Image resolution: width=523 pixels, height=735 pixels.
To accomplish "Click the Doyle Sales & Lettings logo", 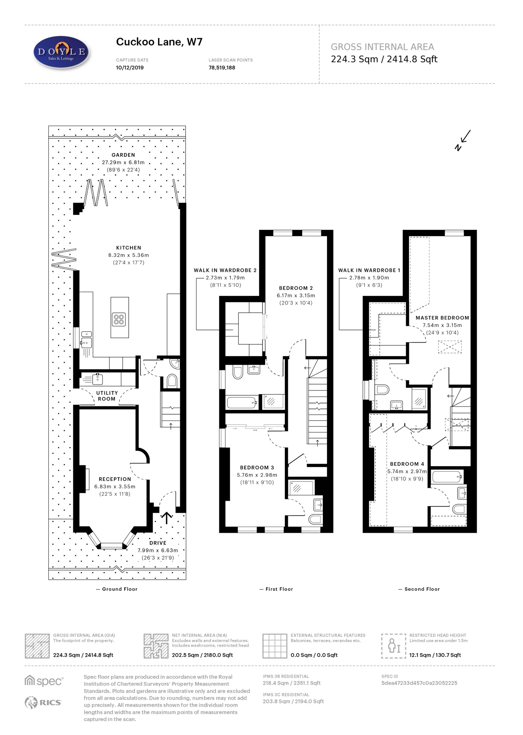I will click(x=61, y=52).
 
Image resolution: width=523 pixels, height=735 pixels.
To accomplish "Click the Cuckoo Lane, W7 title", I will click(x=159, y=42).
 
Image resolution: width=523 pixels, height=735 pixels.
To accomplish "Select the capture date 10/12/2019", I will click(x=130, y=68).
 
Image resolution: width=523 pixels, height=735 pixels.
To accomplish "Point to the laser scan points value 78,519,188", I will click(x=222, y=68).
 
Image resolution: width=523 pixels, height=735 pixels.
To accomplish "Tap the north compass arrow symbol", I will click(x=463, y=140).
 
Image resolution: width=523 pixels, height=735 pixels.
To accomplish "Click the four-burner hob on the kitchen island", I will click(x=119, y=319).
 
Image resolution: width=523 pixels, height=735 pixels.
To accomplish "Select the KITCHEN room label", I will click(x=129, y=248).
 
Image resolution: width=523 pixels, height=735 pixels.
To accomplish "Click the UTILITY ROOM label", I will click(x=107, y=396).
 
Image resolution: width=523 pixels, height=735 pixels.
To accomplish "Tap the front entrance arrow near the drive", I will click(x=167, y=517).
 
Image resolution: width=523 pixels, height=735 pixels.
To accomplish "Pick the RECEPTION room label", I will click(x=115, y=479).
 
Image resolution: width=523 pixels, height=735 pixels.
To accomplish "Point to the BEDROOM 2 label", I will click(x=296, y=288).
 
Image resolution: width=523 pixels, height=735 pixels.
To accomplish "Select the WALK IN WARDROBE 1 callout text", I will click(x=369, y=270).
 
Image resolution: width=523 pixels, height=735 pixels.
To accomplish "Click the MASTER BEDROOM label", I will click(x=442, y=318).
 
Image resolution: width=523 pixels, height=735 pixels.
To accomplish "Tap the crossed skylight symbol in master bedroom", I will click(x=450, y=347).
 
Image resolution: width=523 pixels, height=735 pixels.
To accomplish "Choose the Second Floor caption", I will click(x=421, y=589).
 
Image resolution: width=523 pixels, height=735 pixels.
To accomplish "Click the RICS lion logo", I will click(x=31, y=702).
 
